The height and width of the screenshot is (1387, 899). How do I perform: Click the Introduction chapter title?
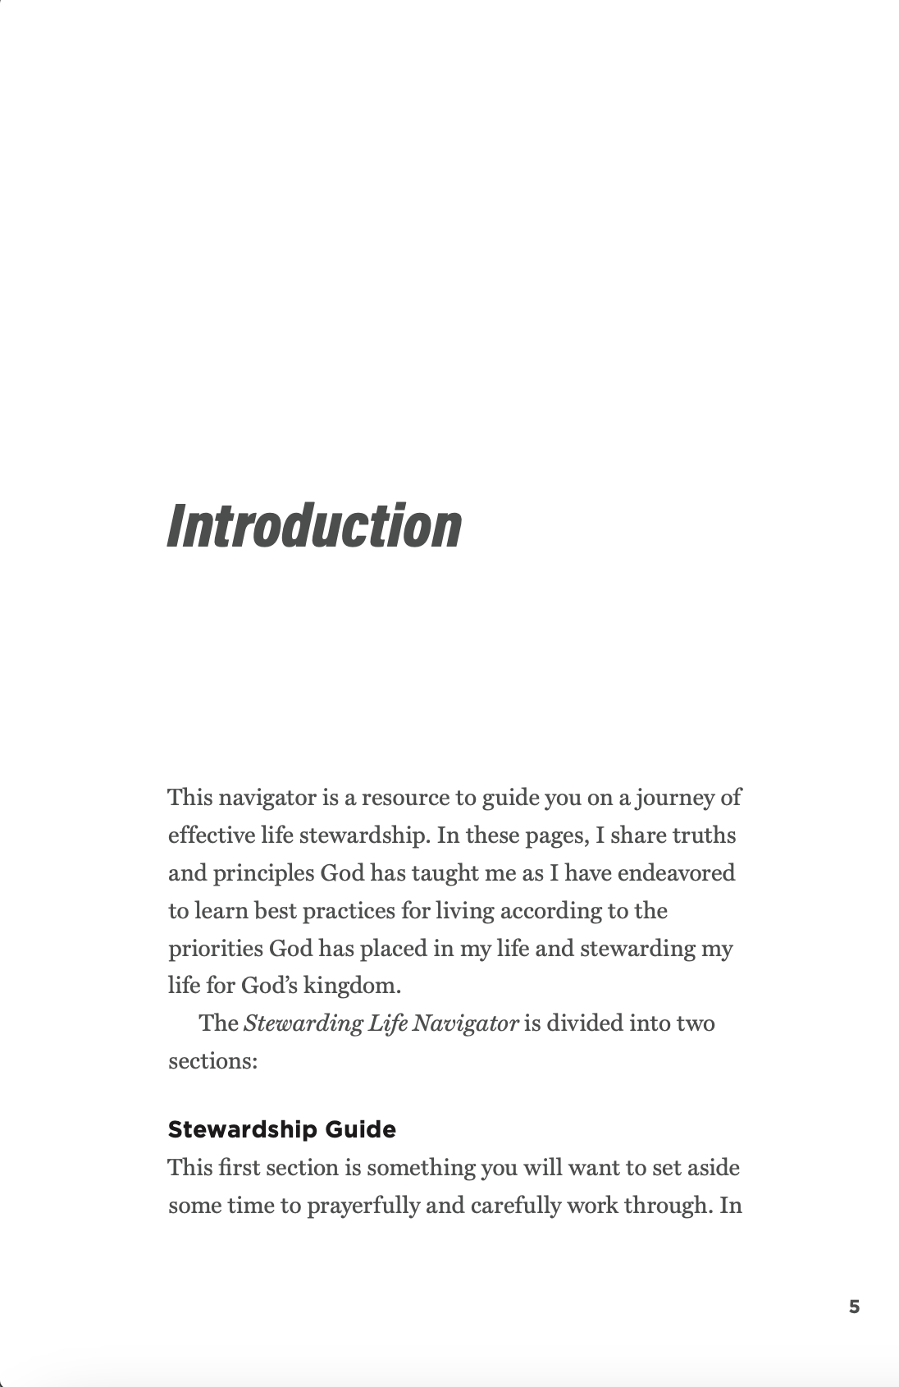tap(314, 525)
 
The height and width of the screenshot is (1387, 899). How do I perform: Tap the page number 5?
tap(854, 1307)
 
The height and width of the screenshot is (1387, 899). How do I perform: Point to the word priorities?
tap(216, 949)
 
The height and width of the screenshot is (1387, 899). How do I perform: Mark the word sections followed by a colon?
tap(212, 1061)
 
